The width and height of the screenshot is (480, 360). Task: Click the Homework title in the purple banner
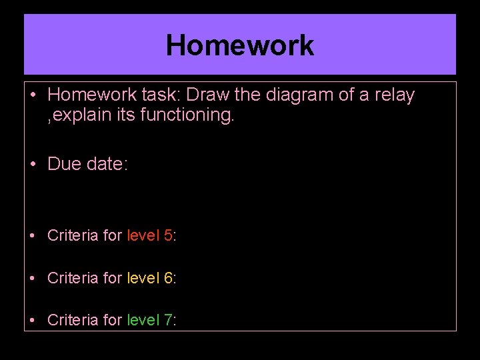(x=240, y=45)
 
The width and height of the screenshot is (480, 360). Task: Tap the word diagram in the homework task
(x=299, y=95)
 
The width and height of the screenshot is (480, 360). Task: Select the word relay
(x=395, y=95)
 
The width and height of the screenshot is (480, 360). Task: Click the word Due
(x=65, y=164)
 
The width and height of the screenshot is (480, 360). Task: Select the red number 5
(x=168, y=235)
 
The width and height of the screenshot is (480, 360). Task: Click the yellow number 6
(x=168, y=278)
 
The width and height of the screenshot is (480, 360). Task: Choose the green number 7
(x=168, y=321)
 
